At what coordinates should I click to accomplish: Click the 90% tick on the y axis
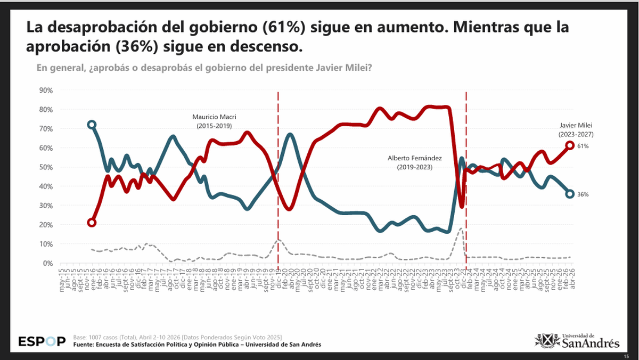(45, 91)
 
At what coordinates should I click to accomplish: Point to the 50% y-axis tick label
(45, 167)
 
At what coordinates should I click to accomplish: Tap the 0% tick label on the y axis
(47, 263)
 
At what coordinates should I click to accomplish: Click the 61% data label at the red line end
(583, 145)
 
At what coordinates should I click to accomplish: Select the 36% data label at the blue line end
(583, 194)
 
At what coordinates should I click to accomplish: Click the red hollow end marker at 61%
(570, 145)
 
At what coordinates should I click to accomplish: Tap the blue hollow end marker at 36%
(570, 194)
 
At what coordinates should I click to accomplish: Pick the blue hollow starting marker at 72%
(92, 125)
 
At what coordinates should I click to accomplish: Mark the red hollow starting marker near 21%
(92, 223)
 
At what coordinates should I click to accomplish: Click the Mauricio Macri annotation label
(214, 120)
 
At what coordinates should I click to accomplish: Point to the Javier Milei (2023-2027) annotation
(573, 130)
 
